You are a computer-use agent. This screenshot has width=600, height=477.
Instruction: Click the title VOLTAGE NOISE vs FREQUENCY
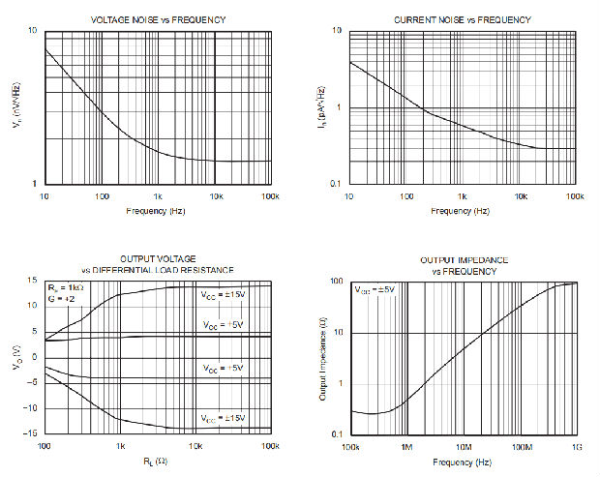point(159,20)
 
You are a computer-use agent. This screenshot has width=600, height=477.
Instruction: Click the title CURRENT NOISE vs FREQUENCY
point(462,20)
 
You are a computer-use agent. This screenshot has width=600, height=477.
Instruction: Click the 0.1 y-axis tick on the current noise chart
point(337,184)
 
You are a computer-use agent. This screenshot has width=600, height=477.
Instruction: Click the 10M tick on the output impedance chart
point(463,448)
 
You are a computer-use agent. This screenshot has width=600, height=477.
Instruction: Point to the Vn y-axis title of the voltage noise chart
point(17,107)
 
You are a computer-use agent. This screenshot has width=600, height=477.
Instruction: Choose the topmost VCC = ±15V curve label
point(223,294)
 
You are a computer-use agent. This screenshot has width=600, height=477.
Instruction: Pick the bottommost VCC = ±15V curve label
point(223,418)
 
